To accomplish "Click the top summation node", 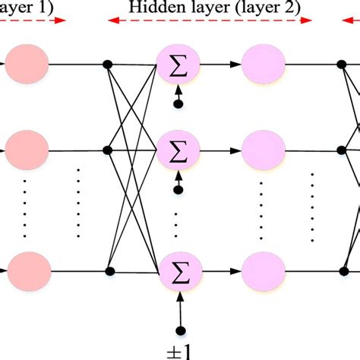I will click(x=177, y=64).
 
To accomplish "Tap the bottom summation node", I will click(x=177, y=271).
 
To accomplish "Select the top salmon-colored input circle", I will click(x=27, y=64).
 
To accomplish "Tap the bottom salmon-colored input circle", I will click(x=27, y=271).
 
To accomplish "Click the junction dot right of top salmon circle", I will click(x=109, y=64).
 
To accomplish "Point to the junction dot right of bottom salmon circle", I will click(x=109, y=271).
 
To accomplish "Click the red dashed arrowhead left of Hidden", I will click(x=112, y=21).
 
